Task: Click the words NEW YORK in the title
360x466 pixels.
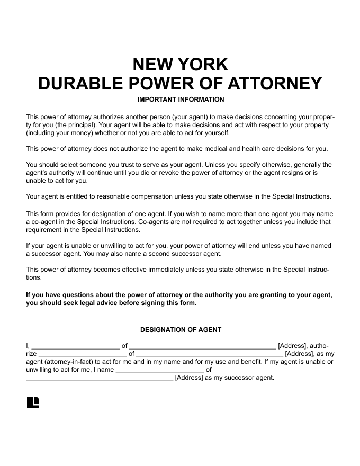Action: pos(180,64)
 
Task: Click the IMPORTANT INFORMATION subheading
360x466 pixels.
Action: pos(181,100)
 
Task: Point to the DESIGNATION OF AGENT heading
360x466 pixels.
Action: pos(181,330)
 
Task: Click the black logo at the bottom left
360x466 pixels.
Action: pos(33,402)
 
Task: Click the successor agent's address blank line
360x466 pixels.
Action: pos(99,379)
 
